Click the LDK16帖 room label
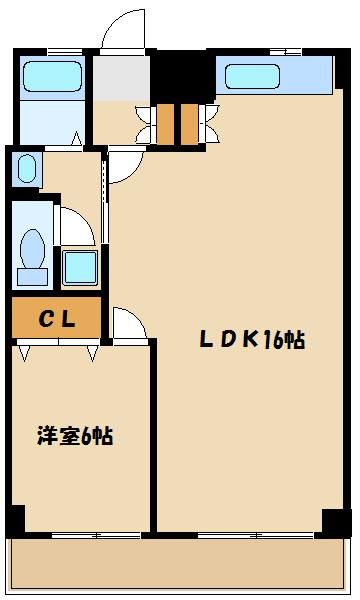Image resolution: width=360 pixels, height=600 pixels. click(251, 341)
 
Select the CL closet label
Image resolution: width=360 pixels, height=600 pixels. click(56, 319)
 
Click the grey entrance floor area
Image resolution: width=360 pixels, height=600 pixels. click(119, 78)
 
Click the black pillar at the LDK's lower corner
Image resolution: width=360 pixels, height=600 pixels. click(333, 522)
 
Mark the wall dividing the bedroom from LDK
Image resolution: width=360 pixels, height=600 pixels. click(154, 435)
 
